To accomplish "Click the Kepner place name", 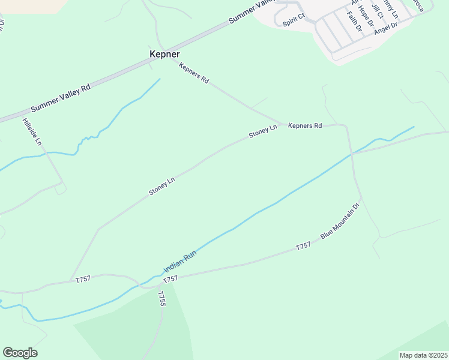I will click(164, 54).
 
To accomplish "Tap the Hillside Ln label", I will click(32, 132).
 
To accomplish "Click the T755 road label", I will click(161, 299).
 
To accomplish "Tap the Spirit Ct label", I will click(294, 22).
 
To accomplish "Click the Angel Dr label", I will click(385, 28).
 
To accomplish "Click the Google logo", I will click(20, 353).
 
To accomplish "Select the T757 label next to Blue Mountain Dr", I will click(303, 246).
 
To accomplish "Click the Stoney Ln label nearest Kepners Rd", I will click(263, 131).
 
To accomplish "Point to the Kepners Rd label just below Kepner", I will click(194, 73).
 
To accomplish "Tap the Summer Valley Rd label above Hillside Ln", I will click(60, 97).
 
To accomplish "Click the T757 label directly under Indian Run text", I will click(170, 279).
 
